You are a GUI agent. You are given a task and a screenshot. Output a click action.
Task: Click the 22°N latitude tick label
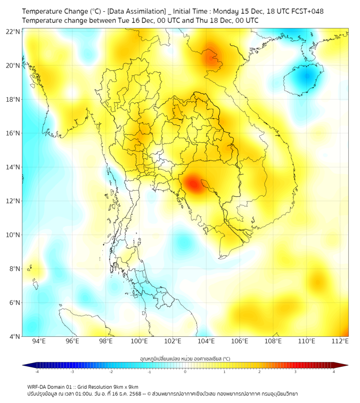[x=13, y=31]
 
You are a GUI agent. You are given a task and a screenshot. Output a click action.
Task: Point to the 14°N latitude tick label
[x=13, y=167]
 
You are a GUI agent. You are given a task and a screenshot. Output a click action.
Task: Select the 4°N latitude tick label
[x=14, y=336]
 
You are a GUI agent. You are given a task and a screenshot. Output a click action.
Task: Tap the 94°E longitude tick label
[x=39, y=341]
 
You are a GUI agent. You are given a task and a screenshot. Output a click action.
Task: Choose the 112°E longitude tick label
[x=340, y=341]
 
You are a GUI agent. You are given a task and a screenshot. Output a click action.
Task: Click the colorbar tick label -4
[x=36, y=372]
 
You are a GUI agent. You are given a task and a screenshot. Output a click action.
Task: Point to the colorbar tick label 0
[x=185, y=372]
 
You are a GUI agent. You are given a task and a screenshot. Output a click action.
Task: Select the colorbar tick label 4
[x=333, y=372]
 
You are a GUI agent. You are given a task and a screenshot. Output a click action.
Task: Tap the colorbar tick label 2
[x=259, y=372]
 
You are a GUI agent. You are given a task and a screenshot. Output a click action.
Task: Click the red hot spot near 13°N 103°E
[x=192, y=184]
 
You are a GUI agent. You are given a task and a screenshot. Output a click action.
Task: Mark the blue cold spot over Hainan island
[x=305, y=78]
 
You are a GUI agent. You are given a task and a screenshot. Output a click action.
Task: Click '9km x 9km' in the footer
[x=124, y=386]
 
